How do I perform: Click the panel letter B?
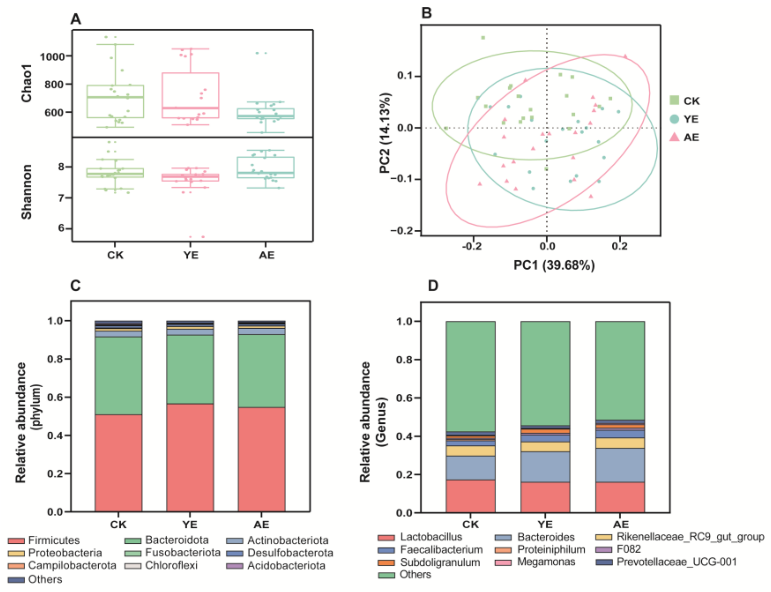click(x=426, y=14)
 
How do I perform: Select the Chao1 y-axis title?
click(x=27, y=83)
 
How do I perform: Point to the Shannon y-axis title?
click(x=27, y=192)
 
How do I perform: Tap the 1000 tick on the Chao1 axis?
click(x=52, y=57)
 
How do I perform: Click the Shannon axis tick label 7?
click(x=61, y=198)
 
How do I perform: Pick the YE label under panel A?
click(x=191, y=255)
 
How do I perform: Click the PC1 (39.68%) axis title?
click(x=554, y=265)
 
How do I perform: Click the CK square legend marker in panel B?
click(x=674, y=100)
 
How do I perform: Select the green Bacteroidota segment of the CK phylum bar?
click(x=118, y=376)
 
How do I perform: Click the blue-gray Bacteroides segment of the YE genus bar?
click(x=545, y=467)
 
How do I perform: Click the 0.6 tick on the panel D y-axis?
click(x=404, y=398)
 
